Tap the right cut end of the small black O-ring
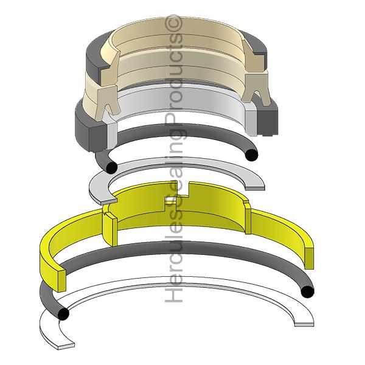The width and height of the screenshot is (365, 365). [x=249, y=155]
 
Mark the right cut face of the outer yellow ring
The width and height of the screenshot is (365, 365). [x=309, y=255]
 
